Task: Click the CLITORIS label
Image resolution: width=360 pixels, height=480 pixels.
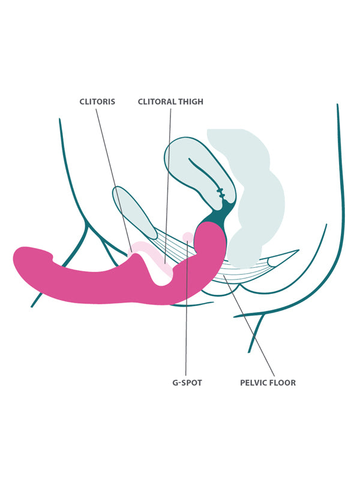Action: click(97, 102)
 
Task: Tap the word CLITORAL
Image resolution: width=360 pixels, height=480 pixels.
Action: click(153, 102)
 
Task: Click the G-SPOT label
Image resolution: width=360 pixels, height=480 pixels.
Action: click(187, 383)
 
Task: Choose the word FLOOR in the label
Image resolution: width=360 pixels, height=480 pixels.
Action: click(283, 383)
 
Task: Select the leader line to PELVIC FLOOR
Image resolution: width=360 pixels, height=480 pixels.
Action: click(252, 330)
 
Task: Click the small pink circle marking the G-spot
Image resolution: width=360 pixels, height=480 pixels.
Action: click(188, 236)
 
